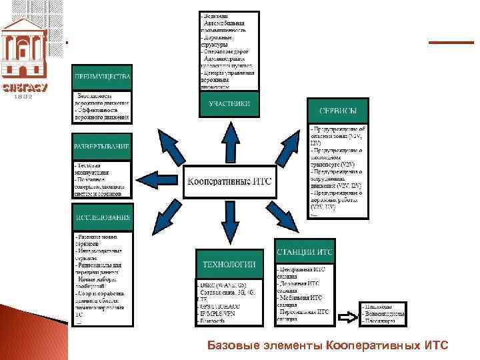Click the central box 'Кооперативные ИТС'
pos(230,182)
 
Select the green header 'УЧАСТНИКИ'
pos(229,104)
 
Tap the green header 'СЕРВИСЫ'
pos(337,111)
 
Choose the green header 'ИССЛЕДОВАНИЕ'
pos(102,217)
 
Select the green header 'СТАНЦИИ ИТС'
pos(305,252)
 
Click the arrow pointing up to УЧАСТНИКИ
pos(230,141)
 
